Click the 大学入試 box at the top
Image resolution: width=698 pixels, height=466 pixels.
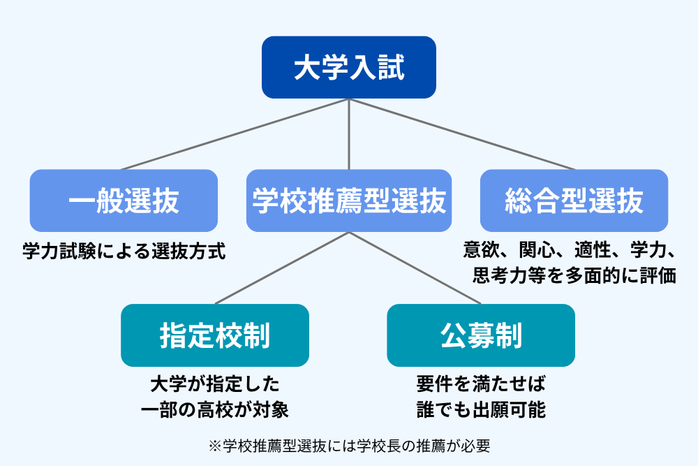click(348, 67)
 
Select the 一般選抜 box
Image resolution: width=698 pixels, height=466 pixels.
click(124, 201)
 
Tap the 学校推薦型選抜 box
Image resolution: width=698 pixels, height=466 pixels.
click(348, 201)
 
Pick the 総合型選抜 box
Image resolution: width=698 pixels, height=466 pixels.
click(574, 201)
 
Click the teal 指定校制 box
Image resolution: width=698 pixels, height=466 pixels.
click(214, 335)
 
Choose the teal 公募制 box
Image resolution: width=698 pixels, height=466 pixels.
click(481, 335)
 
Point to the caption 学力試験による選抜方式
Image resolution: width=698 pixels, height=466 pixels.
click(124, 251)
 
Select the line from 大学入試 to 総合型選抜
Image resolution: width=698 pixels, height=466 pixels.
click(461, 134)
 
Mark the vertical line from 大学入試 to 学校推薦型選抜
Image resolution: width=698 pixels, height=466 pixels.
click(348, 134)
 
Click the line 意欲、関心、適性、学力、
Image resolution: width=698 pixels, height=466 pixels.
click(570, 249)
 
